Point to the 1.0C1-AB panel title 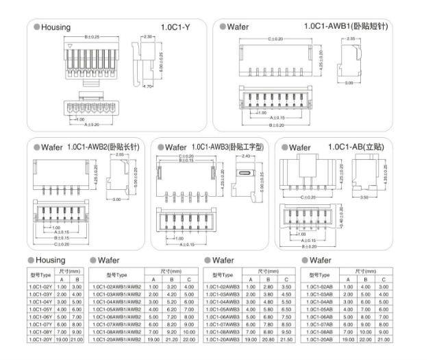point(356,147)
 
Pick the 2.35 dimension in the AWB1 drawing point(351,39)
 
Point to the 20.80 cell point(269,339)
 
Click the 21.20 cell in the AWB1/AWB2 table point(173,339)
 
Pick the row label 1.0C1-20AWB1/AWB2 point(117,339)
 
